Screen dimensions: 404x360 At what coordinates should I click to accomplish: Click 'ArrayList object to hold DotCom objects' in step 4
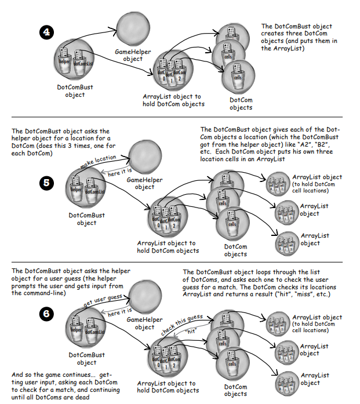[173, 100]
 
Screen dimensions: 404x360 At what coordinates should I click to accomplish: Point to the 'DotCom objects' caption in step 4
[240, 103]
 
